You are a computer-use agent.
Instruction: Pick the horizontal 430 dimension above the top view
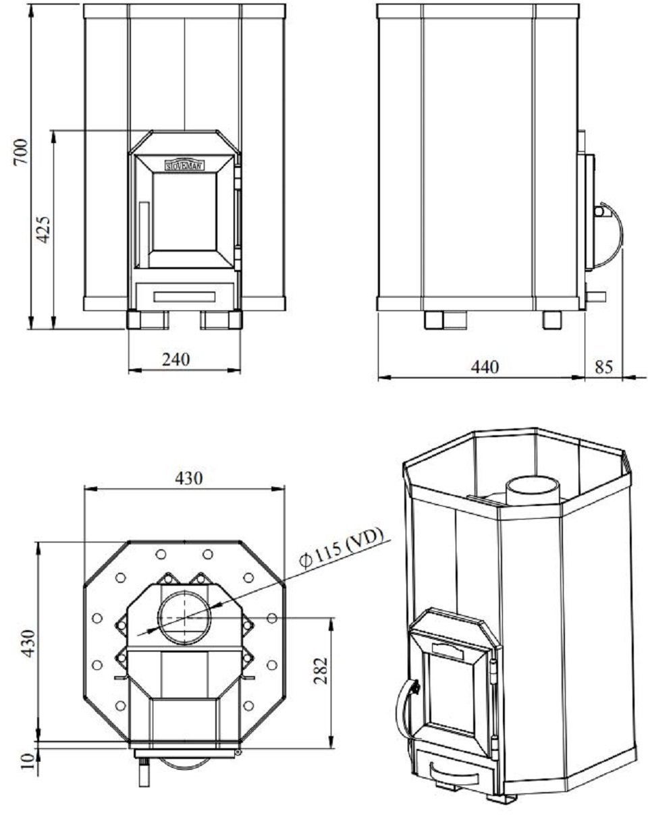(x=188, y=478)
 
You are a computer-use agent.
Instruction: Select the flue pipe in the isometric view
(x=533, y=489)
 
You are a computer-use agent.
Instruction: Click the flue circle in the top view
(x=184, y=617)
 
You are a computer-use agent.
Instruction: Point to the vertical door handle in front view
(x=143, y=233)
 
